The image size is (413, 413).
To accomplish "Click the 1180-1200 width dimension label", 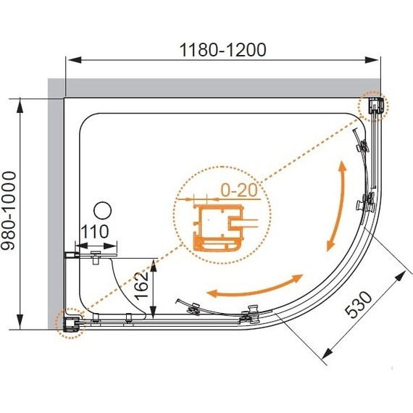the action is pos(222,50).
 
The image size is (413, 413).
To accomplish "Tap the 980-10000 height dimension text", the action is pos(9,211).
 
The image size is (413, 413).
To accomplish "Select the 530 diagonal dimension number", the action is pos(359,304).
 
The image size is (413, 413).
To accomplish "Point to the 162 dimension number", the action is pos(141,286).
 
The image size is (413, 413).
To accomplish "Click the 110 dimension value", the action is pos(95,232).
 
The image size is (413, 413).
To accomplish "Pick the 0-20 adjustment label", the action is pos(239,190).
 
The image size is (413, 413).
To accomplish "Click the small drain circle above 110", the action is pos(103,211).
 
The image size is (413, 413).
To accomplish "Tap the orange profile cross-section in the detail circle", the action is pos(218,228).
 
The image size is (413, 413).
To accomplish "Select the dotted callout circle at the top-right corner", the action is pos(373,107).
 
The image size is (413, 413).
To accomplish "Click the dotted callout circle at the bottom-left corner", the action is pos(70,323).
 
